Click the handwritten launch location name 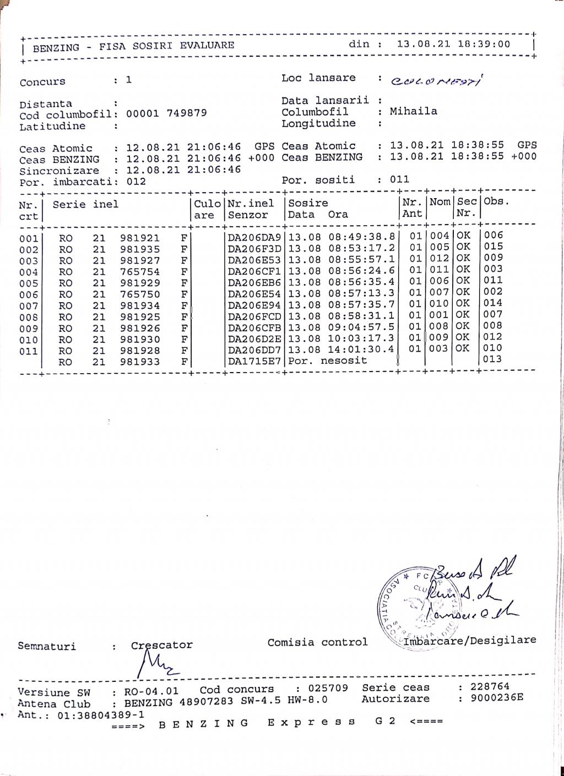[437, 81]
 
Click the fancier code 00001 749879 [166, 113]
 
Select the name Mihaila [414, 111]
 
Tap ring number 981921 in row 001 [140, 238]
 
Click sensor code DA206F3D [254, 249]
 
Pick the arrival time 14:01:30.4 [361, 349]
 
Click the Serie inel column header [85, 204]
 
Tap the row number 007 [28, 306]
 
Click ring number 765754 [140, 272]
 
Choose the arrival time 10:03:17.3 [361, 338]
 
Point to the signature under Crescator [155, 664]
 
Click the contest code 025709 [328, 688]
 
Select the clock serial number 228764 [490, 687]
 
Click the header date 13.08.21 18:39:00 [453, 44]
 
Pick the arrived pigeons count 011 [399, 179]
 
